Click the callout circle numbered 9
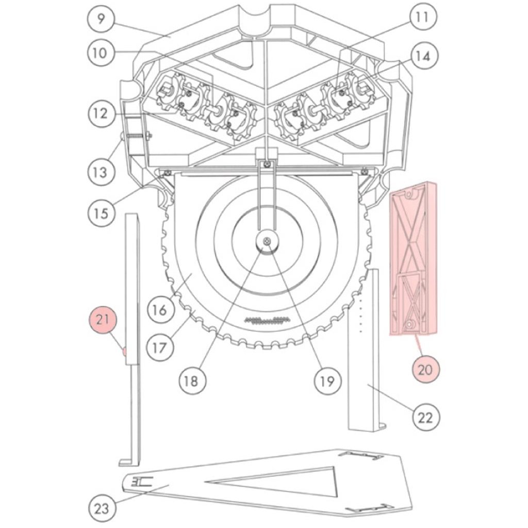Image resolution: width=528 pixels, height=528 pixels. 102,19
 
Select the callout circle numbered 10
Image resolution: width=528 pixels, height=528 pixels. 101,53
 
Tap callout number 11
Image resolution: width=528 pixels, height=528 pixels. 423,17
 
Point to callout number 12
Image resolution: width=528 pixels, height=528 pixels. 101,113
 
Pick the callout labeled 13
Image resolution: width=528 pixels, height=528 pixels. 101,172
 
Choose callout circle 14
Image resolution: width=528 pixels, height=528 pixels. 424,56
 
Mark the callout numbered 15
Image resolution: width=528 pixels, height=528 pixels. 101,213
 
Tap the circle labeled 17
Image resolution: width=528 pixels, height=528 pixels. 160,348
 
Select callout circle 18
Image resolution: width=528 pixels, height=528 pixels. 192,381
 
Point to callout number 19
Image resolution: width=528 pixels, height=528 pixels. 327,381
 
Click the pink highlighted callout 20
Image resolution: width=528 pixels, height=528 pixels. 425,370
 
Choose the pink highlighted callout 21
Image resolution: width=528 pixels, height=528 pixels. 103,319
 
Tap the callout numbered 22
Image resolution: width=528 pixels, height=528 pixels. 425,418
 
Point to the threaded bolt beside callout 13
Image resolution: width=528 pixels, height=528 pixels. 136,136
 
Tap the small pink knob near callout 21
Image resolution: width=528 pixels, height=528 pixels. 124,352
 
